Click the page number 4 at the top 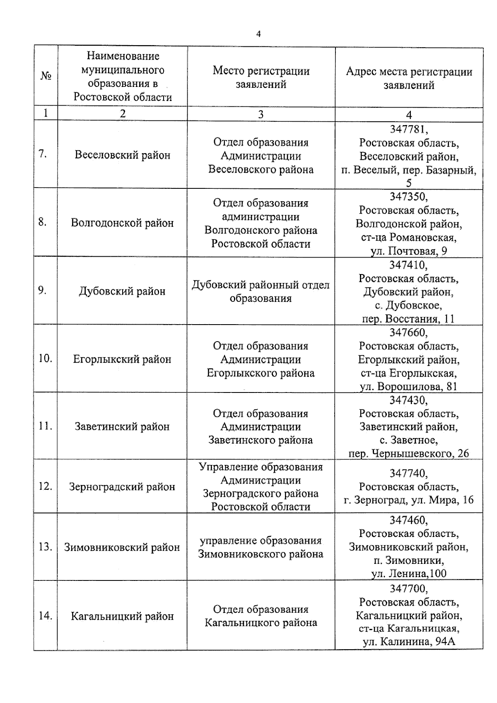(258, 34)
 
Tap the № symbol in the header (46, 76)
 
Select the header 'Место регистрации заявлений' (261, 77)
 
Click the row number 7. (42, 154)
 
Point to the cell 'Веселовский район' (122, 155)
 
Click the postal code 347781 (409, 130)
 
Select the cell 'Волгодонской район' (122, 223)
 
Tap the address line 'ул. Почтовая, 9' (409, 251)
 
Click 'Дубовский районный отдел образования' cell (261, 291)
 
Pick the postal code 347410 (408, 265)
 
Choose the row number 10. (45, 359)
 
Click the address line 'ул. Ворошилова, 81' (408, 387)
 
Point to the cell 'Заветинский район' (122, 427)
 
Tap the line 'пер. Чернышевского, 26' (409, 454)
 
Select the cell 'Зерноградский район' (122, 487)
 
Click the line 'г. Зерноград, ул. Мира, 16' (409, 500)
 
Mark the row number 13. (45, 547)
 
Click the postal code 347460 (408, 520)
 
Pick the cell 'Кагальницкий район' (122, 616)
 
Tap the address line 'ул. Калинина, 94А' (409, 642)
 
